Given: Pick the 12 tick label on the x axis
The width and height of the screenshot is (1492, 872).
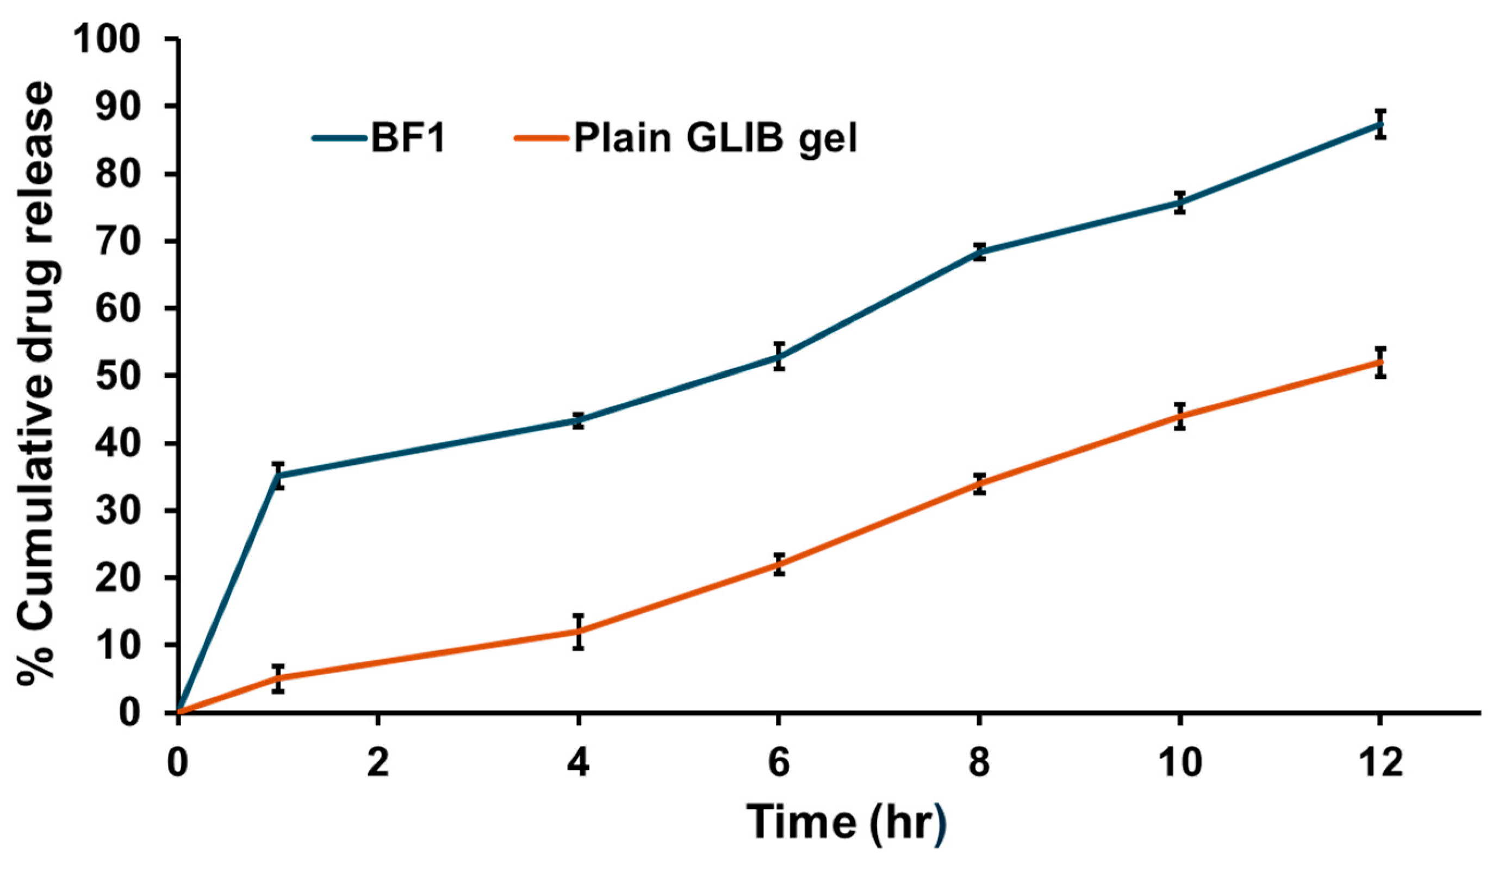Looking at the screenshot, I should click(x=1380, y=763).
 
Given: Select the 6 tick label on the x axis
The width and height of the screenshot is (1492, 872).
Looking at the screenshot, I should click(x=779, y=763).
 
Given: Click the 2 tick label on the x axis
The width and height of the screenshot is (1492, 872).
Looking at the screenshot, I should click(x=378, y=763).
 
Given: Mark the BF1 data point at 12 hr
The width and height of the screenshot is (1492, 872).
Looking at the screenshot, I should click(x=1380, y=124).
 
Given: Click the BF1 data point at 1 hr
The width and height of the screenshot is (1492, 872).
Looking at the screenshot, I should click(x=279, y=475).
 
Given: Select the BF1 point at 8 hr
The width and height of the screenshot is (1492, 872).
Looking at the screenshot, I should click(x=979, y=252).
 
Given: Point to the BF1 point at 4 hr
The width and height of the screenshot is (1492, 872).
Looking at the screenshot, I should click(x=579, y=421).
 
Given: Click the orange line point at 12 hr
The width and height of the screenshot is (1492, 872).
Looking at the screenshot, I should click(x=1380, y=362).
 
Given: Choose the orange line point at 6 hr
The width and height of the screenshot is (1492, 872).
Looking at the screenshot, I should click(x=779, y=564).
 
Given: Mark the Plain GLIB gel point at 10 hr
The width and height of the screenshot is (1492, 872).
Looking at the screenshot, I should click(x=1179, y=416).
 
